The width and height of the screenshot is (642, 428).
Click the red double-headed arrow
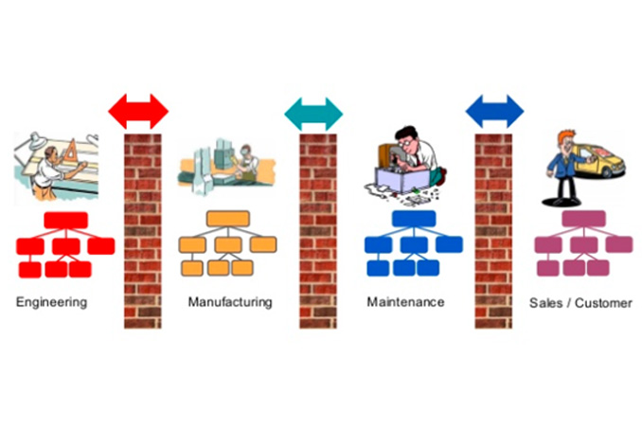(138, 111)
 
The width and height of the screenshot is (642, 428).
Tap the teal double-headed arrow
(313, 114)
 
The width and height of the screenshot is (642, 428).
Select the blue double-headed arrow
(494, 111)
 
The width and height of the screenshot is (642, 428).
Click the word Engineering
(51, 303)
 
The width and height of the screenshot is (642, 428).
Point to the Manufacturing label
(229, 302)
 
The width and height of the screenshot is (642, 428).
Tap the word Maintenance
(405, 302)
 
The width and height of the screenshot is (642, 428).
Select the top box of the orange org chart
(227, 220)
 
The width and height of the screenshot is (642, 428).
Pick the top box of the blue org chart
(414, 219)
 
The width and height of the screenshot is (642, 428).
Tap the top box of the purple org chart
(584, 219)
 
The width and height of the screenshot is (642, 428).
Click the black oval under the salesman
(565, 202)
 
